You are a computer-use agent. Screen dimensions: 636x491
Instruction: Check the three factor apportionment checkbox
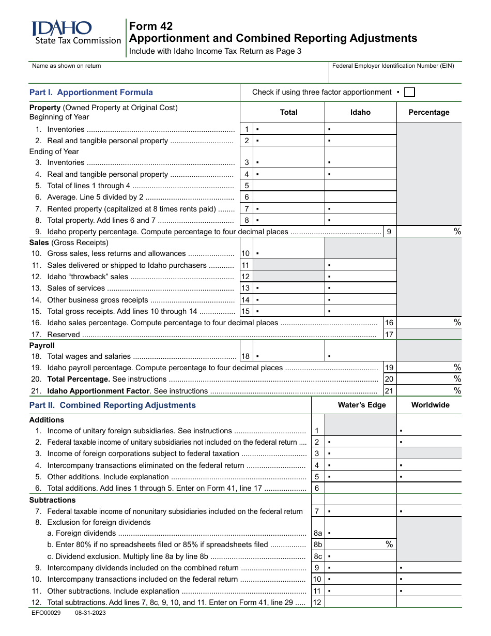tap(409, 93)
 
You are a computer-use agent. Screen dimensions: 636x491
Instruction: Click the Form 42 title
tap(151, 26)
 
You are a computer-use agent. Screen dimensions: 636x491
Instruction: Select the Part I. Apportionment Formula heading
tap(91, 93)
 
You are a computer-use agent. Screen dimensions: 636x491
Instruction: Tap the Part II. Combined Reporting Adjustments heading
tap(113, 405)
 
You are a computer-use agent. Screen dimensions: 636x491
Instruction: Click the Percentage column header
tap(429, 112)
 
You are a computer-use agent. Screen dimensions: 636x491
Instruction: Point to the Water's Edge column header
tap(362, 405)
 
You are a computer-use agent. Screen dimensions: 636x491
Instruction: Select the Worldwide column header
tap(430, 405)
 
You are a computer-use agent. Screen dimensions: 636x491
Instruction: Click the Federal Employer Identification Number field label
tap(393, 66)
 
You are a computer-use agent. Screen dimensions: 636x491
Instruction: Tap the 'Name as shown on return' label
tap(67, 66)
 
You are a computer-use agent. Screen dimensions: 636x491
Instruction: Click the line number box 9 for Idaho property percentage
tap(390, 232)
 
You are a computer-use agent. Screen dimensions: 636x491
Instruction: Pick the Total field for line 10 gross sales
tap(289, 254)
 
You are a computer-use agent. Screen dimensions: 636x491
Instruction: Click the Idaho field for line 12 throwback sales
tap(361, 277)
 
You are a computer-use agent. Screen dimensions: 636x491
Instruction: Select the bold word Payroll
tap(42, 345)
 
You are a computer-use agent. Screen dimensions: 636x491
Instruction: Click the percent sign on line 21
tap(457, 391)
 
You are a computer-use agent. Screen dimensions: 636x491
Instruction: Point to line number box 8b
tap(318, 544)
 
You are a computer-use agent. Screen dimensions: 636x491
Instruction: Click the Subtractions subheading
tap(52, 500)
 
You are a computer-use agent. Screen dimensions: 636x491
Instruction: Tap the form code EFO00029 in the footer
tap(45, 613)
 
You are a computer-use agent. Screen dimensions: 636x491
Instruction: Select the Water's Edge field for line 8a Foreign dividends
tap(361, 533)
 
